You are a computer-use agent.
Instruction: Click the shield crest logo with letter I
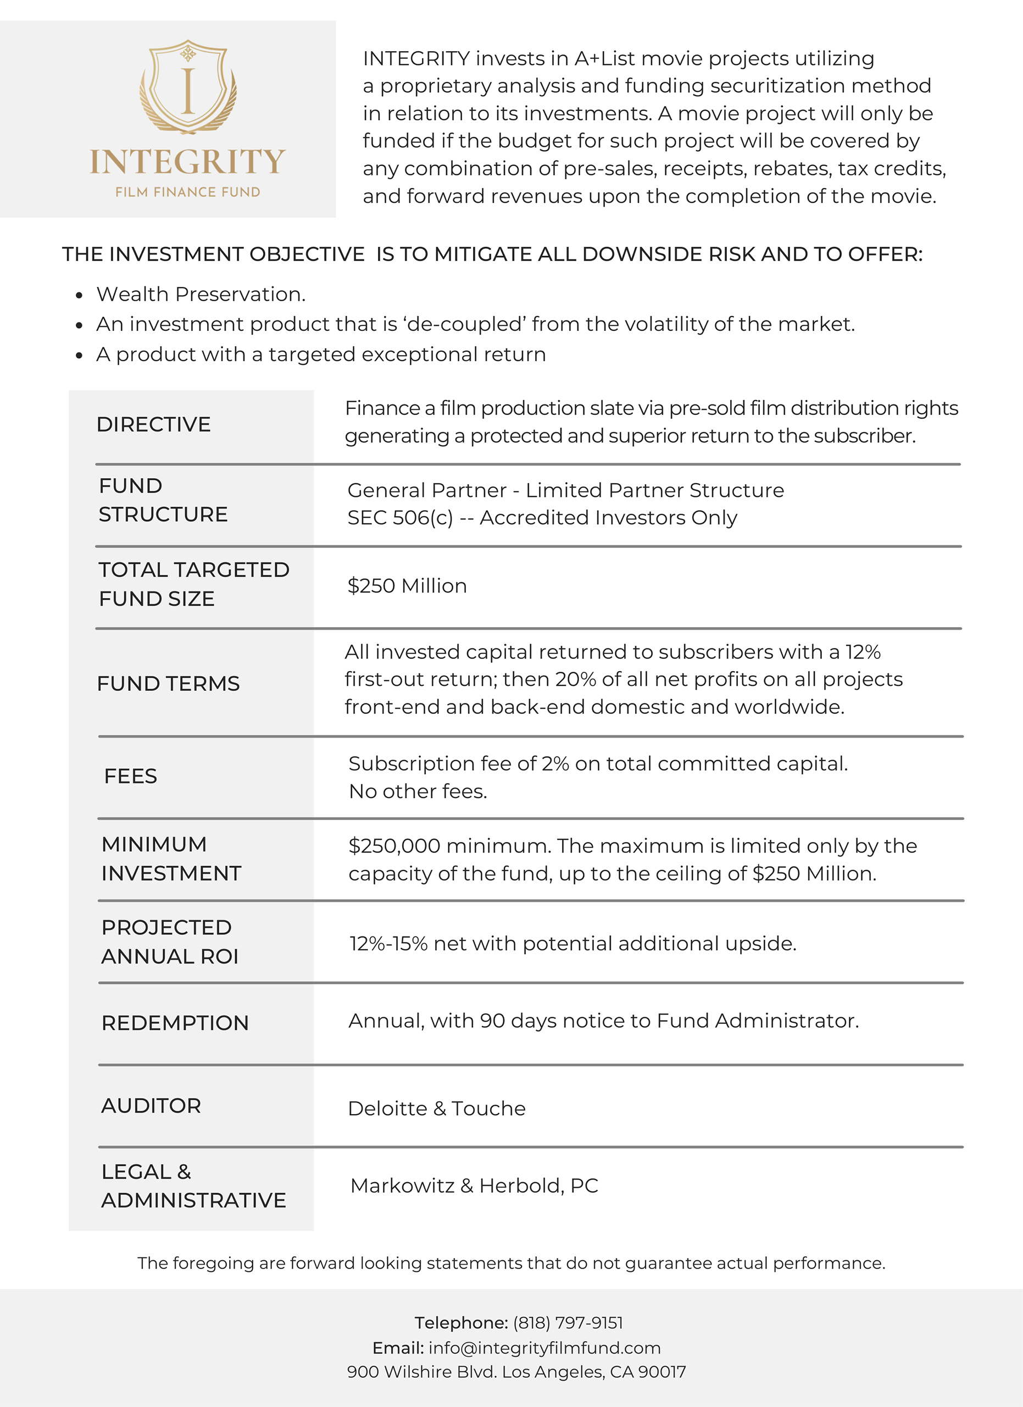[188, 87]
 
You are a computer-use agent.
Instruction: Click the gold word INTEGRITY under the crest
[188, 162]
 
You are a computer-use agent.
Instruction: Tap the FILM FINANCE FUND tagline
[188, 192]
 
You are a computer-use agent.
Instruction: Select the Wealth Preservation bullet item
[201, 294]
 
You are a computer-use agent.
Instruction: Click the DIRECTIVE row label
[154, 424]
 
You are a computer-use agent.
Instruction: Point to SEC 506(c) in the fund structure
[400, 517]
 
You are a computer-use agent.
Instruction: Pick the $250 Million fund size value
[407, 586]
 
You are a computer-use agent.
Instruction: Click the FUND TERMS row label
[168, 684]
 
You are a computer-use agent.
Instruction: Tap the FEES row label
[131, 776]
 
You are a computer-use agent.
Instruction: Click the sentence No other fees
[418, 791]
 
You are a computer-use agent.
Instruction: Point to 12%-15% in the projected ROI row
[388, 943]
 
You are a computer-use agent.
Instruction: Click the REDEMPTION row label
[175, 1023]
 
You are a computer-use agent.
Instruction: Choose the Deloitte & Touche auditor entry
[436, 1108]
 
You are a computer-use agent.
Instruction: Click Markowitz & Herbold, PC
[474, 1186]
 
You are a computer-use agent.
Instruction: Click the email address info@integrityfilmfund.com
[544, 1348]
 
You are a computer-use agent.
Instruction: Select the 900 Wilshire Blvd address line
[516, 1372]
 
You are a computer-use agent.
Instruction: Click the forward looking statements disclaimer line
[511, 1263]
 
